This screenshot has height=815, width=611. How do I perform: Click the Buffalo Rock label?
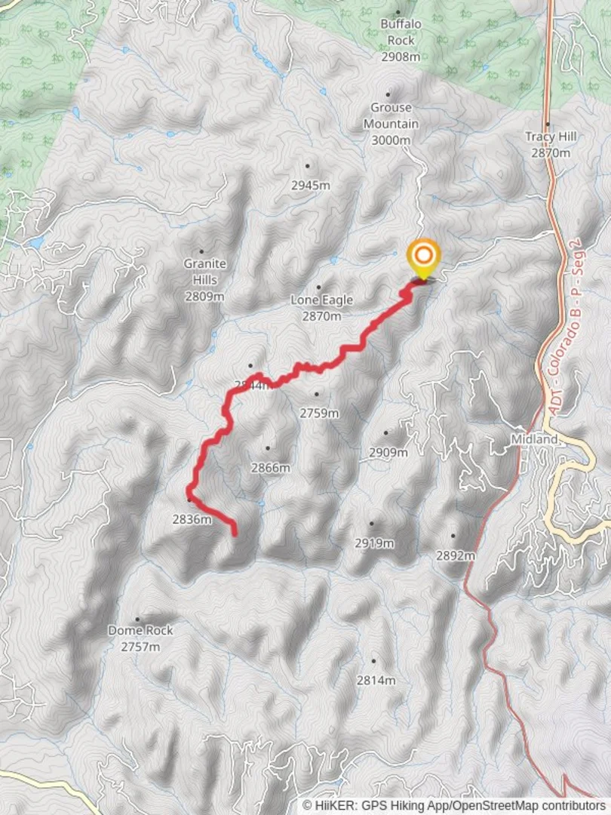pyautogui.click(x=401, y=32)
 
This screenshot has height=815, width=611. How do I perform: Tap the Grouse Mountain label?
pyautogui.click(x=391, y=124)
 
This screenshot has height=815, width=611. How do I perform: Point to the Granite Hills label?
pyautogui.click(x=204, y=272)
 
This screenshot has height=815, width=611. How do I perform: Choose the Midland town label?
pyautogui.click(x=533, y=439)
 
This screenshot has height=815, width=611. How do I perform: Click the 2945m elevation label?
pyautogui.click(x=312, y=185)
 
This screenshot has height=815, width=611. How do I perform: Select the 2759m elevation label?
pyautogui.click(x=320, y=413)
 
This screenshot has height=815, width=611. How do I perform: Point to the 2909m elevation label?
pyautogui.click(x=388, y=452)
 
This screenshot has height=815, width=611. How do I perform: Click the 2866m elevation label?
pyautogui.click(x=271, y=468)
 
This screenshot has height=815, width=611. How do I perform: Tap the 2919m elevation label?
pyautogui.click(x=375, y=543)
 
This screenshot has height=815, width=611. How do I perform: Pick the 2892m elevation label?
pyautogui.click(x=456, y=555)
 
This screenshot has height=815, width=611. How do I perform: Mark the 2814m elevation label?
pyautogui.click(x=376, y=680)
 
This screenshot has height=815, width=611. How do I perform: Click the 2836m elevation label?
pyautogui.click(x=192, y=518)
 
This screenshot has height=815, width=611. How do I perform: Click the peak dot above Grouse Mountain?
pyautogui.click(x=388, y=95)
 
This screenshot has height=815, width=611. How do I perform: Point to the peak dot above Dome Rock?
pyautogui.click(x=137, y=619)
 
